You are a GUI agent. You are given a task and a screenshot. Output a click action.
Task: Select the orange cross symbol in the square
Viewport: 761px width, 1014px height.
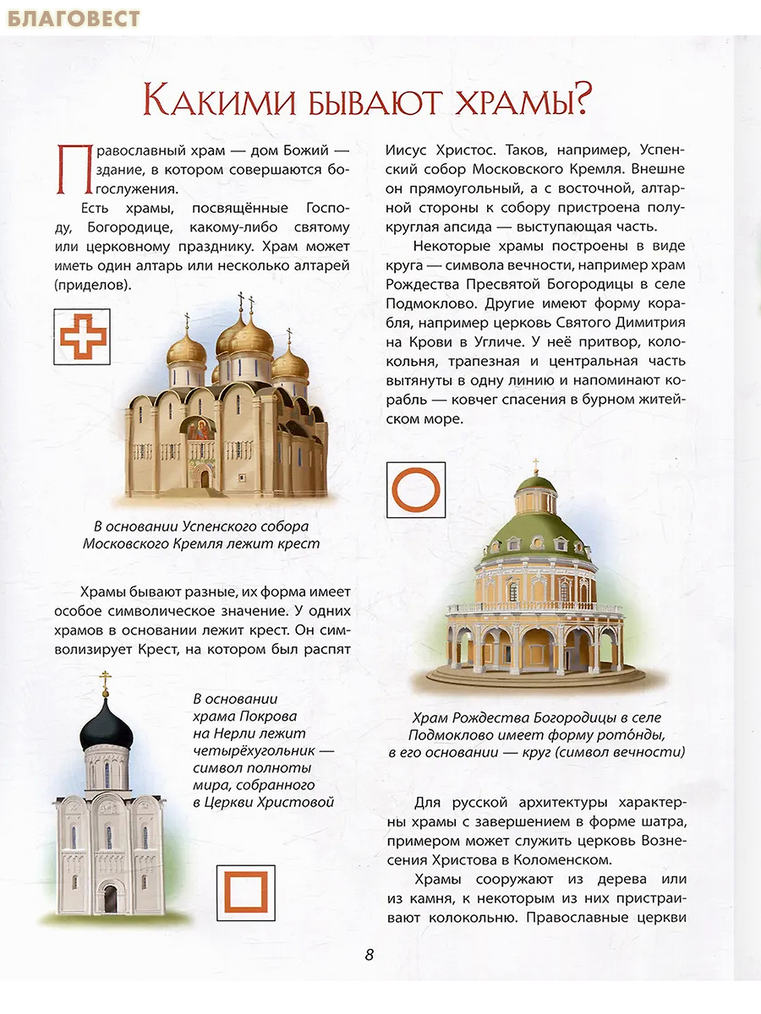81,335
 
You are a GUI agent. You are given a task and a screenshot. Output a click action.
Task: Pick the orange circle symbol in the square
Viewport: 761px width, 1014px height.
416,488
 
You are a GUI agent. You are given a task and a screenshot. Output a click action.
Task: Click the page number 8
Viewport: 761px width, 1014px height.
369,955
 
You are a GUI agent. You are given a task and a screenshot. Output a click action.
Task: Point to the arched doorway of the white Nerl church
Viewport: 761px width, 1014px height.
110,898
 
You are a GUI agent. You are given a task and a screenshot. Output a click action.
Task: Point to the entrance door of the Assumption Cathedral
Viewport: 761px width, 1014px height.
204,478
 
